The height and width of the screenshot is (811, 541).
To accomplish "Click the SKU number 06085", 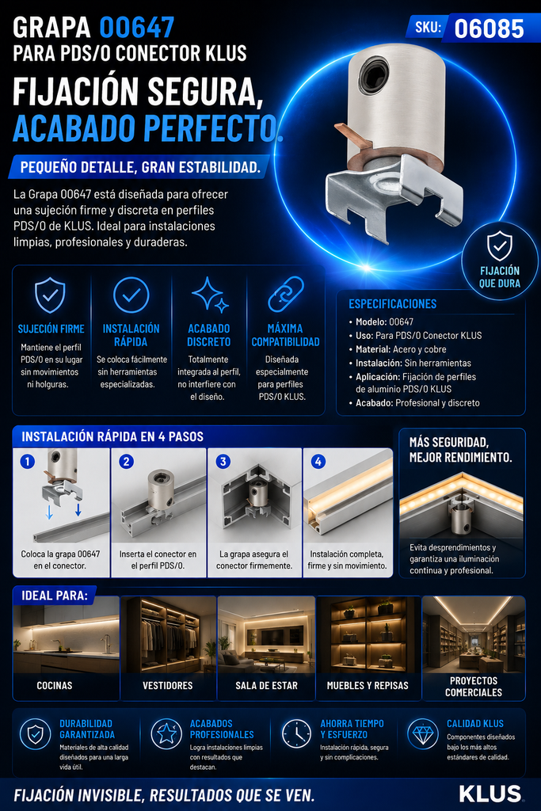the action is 489,29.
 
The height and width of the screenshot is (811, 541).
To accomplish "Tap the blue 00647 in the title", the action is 136,28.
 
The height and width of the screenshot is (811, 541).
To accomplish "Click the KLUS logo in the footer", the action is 490,794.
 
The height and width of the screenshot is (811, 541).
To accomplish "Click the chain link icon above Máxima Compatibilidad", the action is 285,294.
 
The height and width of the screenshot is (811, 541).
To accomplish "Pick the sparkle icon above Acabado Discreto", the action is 210,295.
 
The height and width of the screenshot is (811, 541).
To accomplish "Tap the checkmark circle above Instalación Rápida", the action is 131,295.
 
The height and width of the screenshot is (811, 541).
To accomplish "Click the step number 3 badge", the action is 223,462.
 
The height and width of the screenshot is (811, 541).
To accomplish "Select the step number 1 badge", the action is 28,461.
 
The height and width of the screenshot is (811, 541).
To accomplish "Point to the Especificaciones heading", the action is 393,304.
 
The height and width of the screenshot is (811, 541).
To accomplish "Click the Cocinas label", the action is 55,685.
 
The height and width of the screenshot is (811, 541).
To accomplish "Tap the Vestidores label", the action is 168,685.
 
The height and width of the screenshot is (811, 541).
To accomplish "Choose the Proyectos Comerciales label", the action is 473,687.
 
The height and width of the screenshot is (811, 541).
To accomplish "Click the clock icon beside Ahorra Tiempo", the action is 296,733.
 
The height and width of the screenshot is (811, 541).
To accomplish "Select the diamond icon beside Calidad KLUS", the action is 422,733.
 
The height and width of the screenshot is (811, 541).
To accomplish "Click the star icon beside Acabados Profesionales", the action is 166,733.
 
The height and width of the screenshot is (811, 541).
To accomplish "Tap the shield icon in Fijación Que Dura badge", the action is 500,246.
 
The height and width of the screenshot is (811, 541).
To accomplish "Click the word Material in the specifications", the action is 372,349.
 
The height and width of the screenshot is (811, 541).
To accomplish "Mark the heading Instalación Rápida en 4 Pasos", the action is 112,436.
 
